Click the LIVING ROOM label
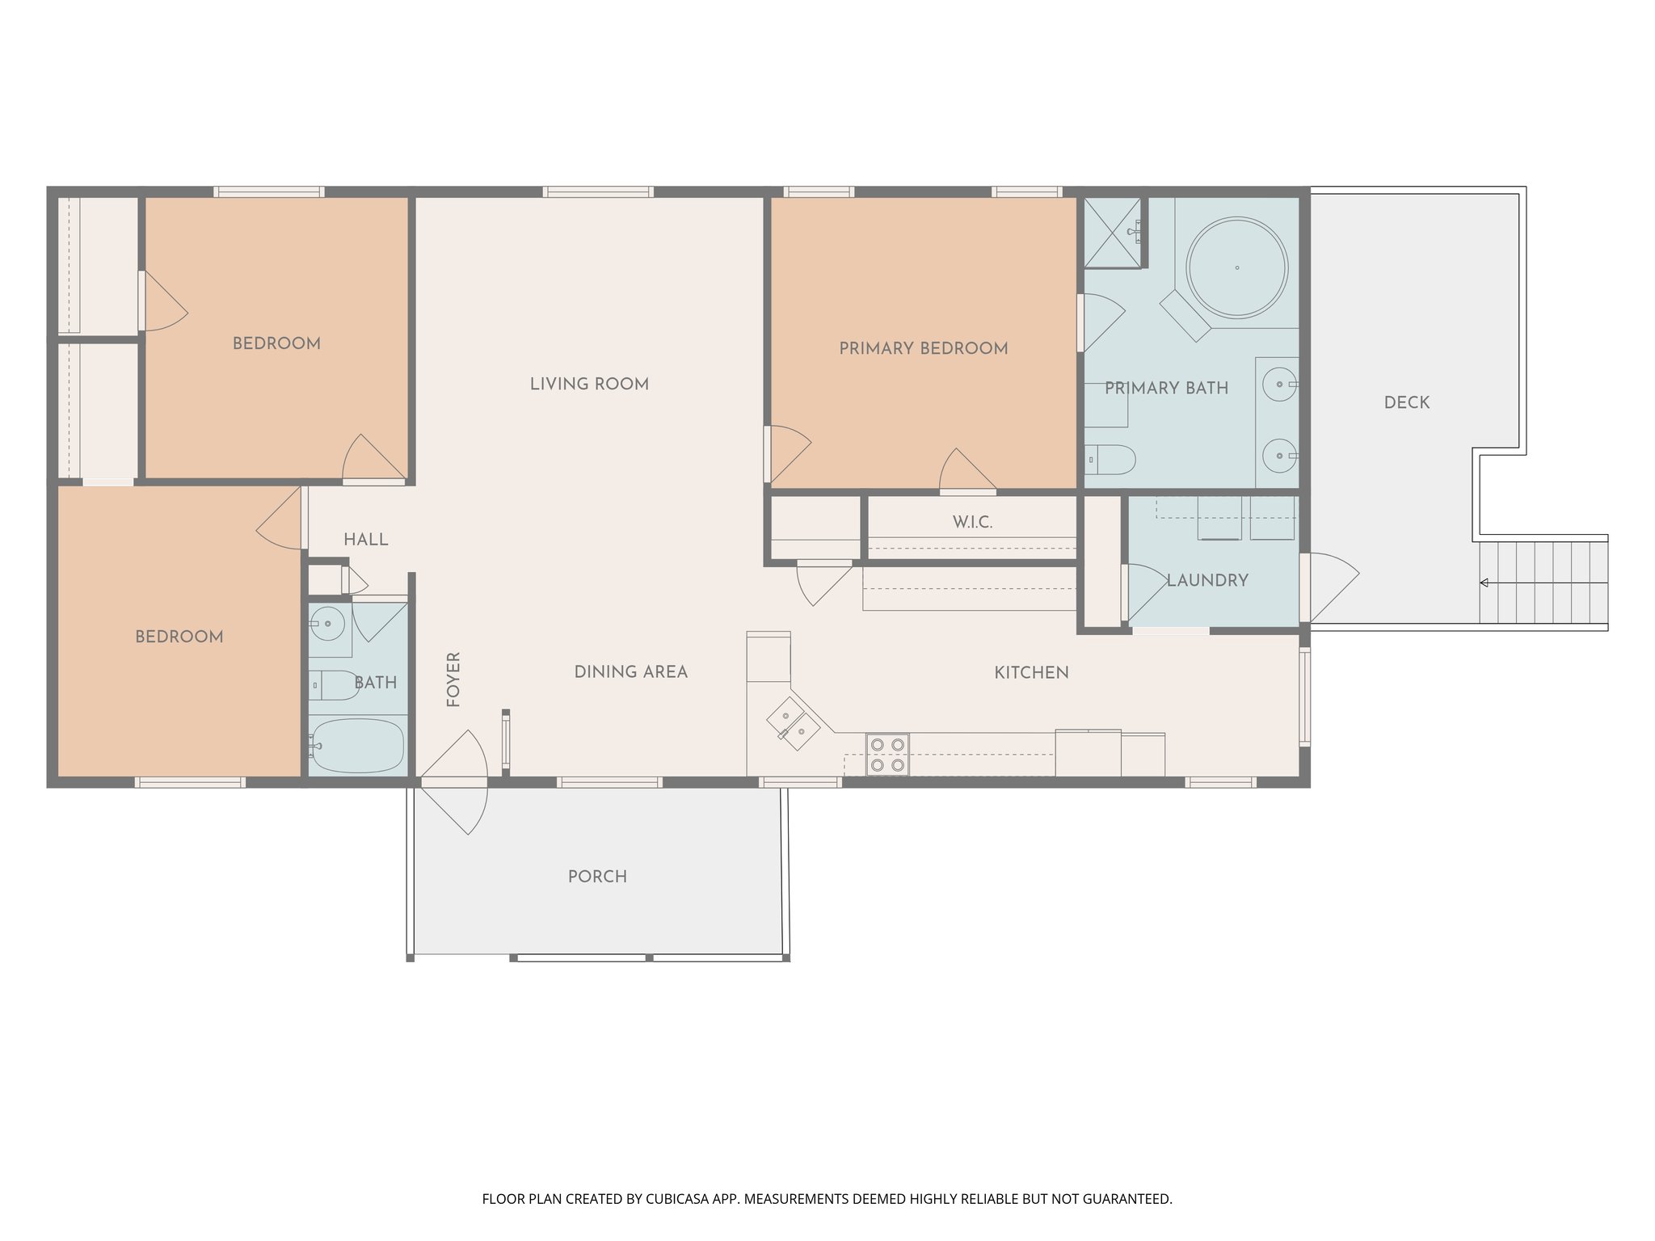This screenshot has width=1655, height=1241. pos(589,384)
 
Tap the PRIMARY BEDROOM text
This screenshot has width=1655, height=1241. pos(923,348)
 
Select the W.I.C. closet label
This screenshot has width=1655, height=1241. pos(972,522)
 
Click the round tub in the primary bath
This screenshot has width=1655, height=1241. pos(1236,267)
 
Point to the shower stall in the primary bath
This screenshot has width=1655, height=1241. pos(1113,233)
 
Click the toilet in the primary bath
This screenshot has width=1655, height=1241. pos(1110,460)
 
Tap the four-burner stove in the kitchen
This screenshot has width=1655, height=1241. pos(886,755)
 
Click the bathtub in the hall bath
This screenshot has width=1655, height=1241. pos(357,746)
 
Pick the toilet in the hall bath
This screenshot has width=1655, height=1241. pos(332,685)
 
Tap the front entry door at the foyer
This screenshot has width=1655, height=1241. pos(453,781)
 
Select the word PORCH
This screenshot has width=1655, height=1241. pos(597,877)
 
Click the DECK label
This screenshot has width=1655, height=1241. pos(1406,402)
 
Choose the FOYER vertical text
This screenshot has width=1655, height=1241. pos(453,679)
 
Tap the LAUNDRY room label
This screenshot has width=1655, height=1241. pos(1207,580)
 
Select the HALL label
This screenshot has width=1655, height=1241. pos(365,540)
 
